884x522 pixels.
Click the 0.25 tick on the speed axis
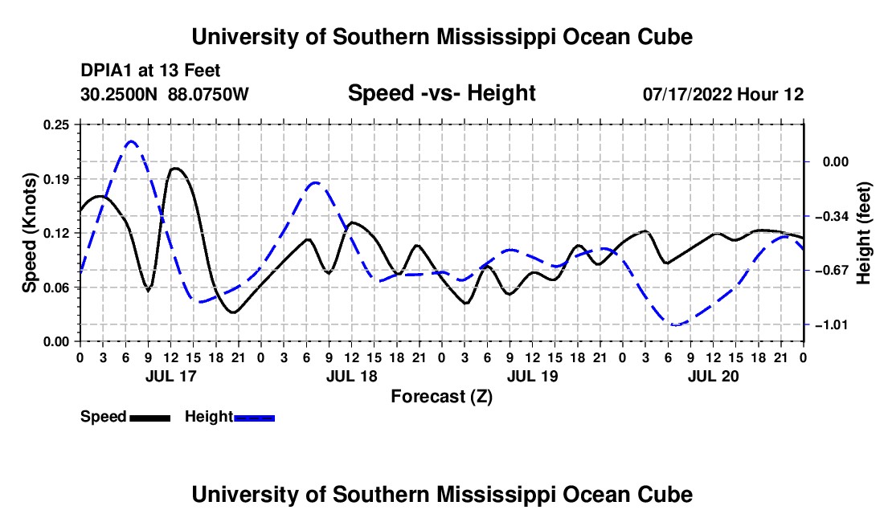click(56, 124)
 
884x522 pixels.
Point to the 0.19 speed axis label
click(56, 179)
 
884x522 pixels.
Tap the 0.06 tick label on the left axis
click(56, 288)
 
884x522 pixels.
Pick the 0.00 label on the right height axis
click(836, 162)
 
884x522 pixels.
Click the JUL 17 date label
click(171, 376)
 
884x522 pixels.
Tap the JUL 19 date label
click(532, 376)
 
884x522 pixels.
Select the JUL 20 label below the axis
click(713, 376)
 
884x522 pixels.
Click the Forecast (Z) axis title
click(441, 397)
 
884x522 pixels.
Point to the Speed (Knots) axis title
click(29, 233)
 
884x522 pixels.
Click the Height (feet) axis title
click(864, 233)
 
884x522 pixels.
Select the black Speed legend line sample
click(150, 418)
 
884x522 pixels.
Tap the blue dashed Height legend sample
click(254, 418)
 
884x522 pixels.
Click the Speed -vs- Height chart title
click(441, 93)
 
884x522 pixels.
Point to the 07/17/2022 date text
click(688, 94)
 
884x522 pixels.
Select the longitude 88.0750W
click(208, 94)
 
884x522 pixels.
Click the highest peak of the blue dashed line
click(131, 141)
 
